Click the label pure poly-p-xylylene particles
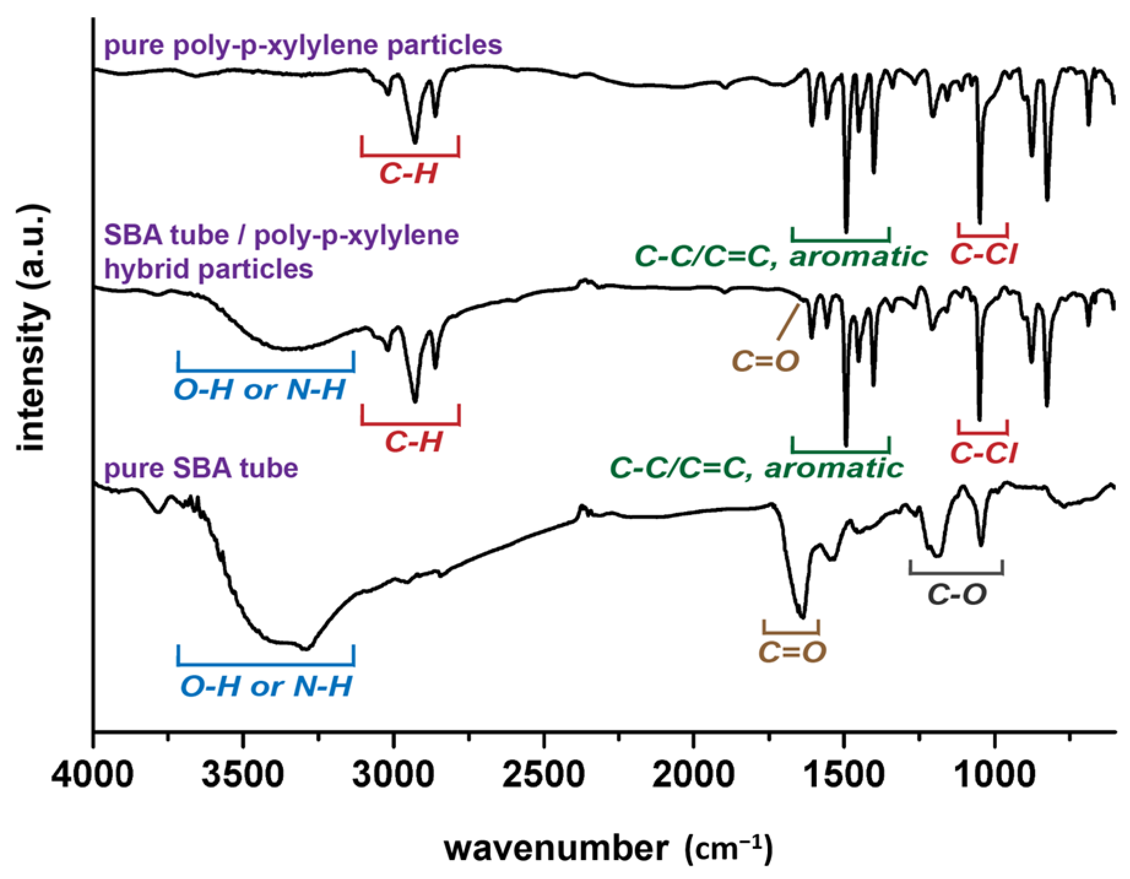(x=303, y=46)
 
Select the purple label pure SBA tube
(x=202, y=469)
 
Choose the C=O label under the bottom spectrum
(x=793, y=651)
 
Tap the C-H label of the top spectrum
(x=408, y=175)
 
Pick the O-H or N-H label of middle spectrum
(x=260, y=390)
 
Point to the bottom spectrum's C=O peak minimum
(x=801, y=616)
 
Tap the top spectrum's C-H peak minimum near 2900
(x=415, y=142)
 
